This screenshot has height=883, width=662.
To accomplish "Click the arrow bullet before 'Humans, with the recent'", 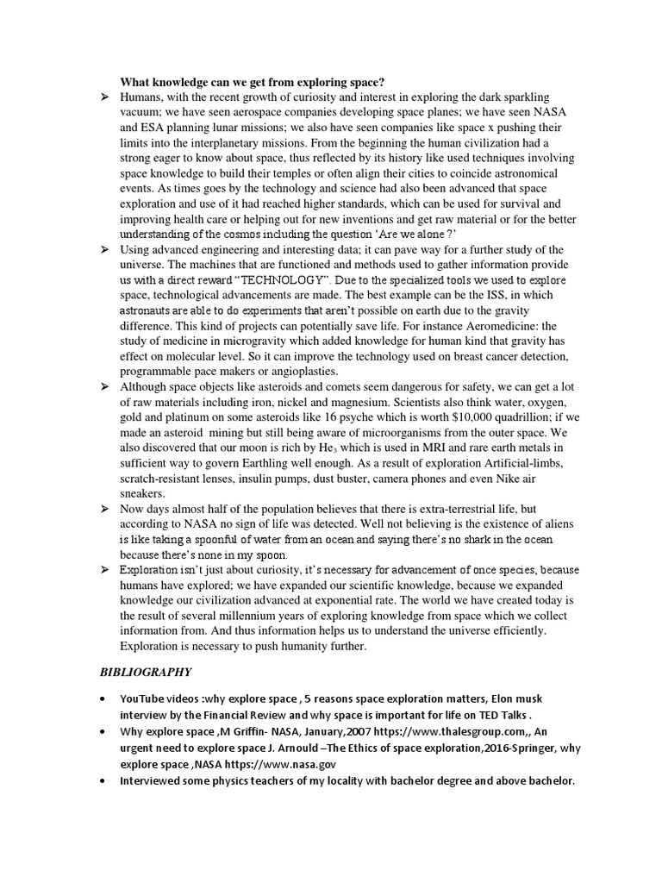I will coord(103,97).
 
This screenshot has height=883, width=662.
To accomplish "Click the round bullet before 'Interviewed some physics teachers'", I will coord(103,780).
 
